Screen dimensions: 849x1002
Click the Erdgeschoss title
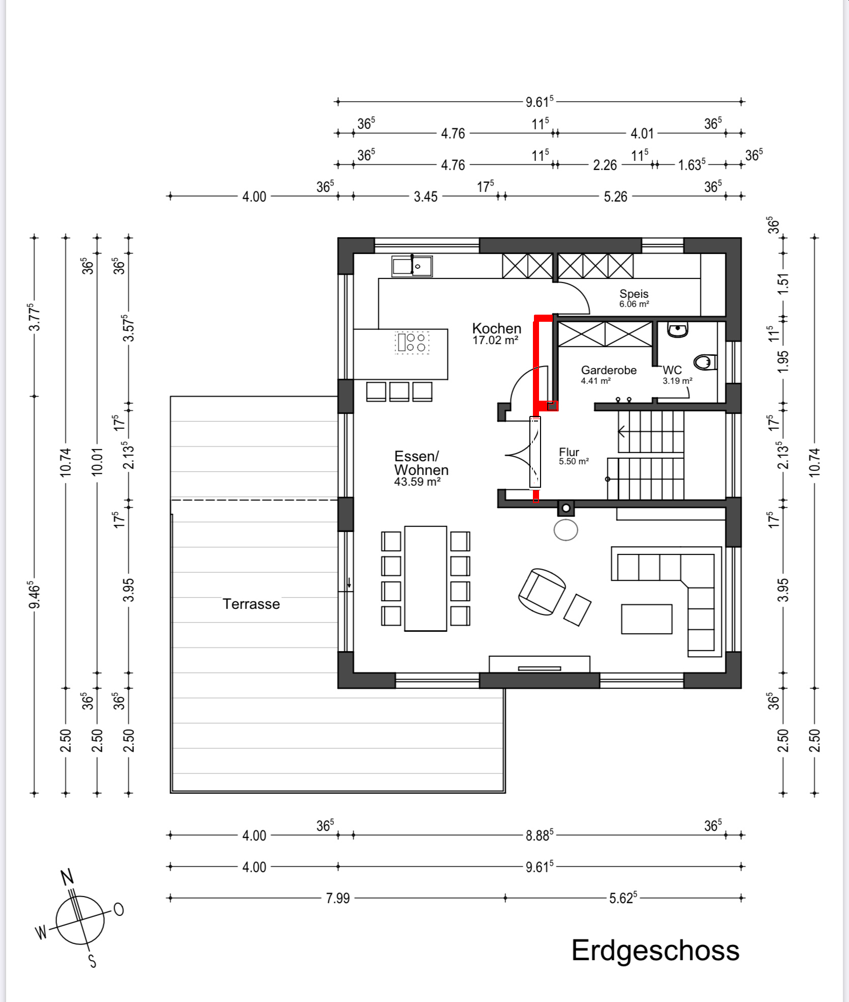[655, 950]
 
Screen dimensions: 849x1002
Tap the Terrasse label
[251, 604]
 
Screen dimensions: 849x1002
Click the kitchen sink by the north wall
[412, 266]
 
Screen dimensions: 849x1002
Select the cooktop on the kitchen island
[412, 342]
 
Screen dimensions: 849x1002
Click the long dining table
[426, 578]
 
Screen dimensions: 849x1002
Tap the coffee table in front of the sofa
[646, 619]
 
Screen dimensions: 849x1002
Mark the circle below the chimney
[565, 530]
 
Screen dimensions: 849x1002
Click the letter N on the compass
[67, 876]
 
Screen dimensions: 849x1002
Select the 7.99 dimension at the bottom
[338, 898]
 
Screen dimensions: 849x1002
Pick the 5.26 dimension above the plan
[615, 197]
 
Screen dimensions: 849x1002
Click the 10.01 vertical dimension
[97, 461]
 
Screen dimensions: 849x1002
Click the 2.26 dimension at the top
[605, 165]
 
